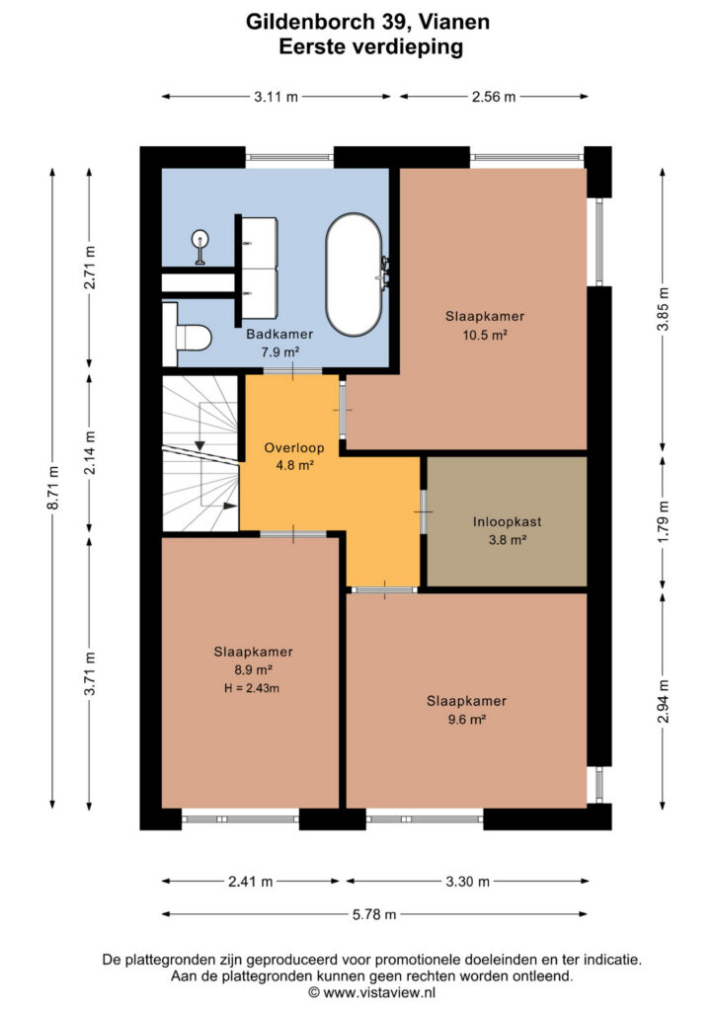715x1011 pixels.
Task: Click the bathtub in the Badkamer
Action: click(354, 274)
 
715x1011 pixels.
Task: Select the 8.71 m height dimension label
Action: click(53, 488)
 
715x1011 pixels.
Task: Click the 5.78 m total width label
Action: click(374, 914)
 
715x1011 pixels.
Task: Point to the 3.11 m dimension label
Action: click(276, 98)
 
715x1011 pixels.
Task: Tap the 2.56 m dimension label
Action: click(494, 98)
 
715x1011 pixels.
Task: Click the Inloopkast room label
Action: click(508, 522)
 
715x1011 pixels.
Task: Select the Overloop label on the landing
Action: click(294, 447)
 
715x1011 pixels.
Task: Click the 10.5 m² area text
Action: click(485, 335)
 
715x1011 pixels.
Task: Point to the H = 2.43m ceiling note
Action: click(252, 688)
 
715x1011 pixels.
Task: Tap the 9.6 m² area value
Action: click(467, 719)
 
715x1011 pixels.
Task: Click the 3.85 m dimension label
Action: click(663, 309)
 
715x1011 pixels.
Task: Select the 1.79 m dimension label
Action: click(663, 521)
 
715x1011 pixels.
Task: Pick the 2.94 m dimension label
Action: click(663, 701)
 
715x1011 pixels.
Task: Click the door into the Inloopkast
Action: click(424, 511)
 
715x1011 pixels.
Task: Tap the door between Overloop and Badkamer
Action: click(292, 371)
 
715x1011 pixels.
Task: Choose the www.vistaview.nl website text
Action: click(379, 992)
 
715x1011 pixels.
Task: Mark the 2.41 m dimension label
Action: click(250, 882)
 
